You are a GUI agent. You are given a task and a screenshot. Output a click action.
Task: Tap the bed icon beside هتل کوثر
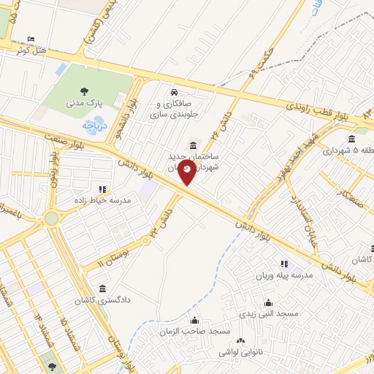31,39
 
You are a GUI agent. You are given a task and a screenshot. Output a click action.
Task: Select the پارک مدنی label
85,104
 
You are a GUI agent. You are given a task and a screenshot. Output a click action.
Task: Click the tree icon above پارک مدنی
85,92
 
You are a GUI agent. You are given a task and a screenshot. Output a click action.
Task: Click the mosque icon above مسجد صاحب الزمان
194,320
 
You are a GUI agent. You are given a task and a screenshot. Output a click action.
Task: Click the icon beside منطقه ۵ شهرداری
352,140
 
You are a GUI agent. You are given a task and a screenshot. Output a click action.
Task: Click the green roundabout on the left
50,218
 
